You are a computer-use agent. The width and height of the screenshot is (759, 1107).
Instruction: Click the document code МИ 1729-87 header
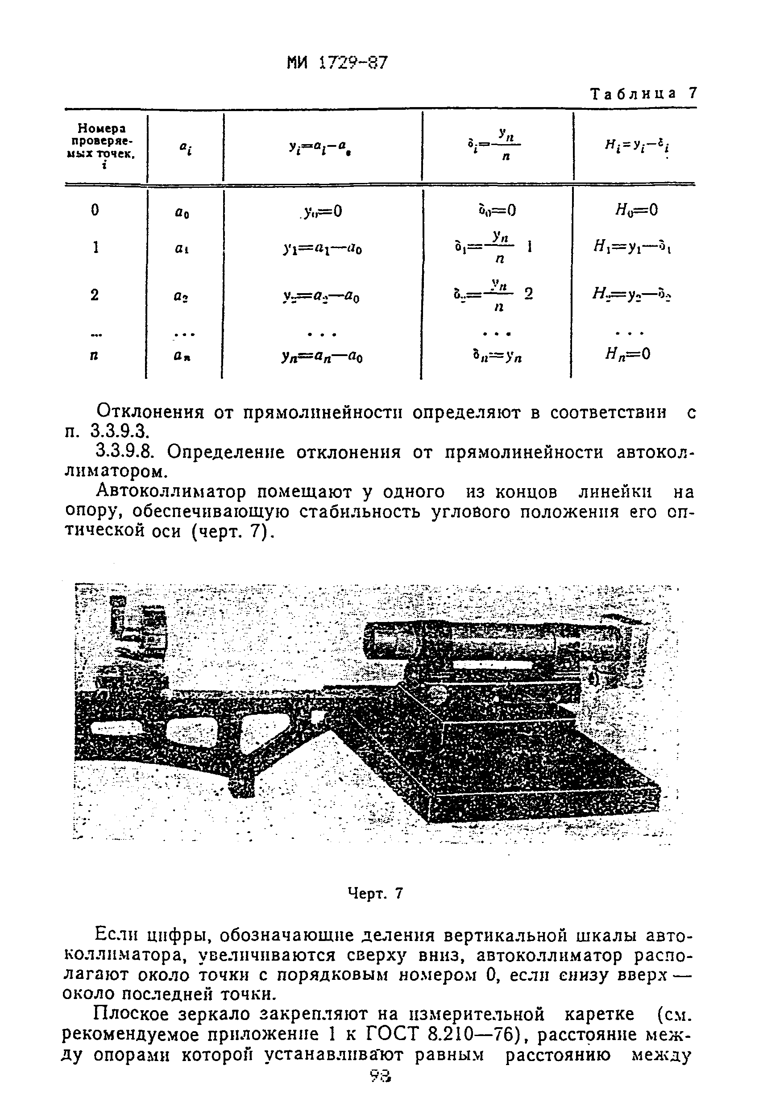[x=338, y=63]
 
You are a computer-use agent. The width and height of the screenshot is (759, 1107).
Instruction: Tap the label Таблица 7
[x=643, y=93]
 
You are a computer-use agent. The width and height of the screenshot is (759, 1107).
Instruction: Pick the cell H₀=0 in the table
[x=637, y=210]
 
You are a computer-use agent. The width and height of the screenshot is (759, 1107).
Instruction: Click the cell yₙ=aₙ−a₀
[x=322, y=357]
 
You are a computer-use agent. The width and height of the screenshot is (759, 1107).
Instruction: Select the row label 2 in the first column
[x=95, y=295]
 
